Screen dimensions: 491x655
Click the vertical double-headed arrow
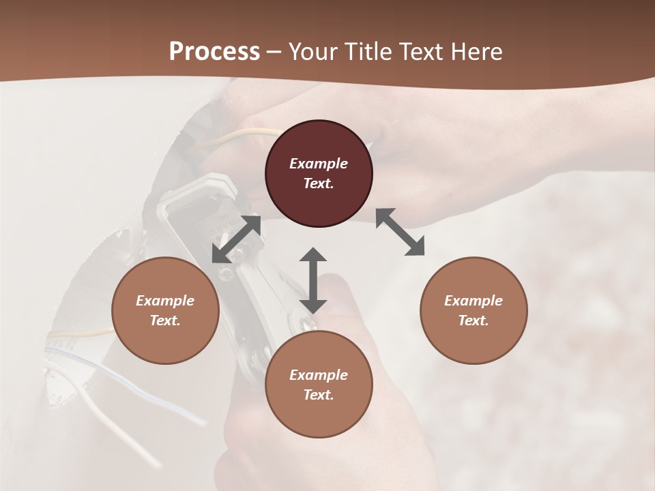click(x=313, y=280)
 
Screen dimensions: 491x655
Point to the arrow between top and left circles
click(x=237, y=239)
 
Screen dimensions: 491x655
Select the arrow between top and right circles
click(x=401, y=232)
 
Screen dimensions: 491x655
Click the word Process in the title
click(x=214, y=52)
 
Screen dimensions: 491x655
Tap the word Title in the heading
click(x=369, y=52)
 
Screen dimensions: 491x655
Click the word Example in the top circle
click(x=319, y=164)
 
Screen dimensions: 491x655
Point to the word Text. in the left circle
click(x=165, y=321)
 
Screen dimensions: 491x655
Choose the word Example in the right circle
click(x=474, y=301)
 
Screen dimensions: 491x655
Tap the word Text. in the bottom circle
click(x=319, y=395)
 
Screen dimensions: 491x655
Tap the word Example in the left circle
click(x=165, y=301)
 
